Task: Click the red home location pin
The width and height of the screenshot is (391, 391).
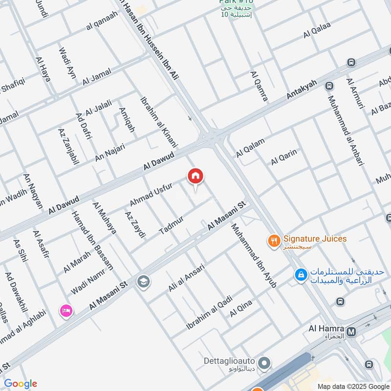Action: [195, 176]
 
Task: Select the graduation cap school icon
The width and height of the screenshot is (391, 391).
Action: [144, 281]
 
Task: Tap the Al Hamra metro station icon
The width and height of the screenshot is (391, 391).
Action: [350, 333]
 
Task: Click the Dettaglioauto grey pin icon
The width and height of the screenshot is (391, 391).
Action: [264, 363]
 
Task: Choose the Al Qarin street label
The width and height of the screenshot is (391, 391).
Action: [284, 157]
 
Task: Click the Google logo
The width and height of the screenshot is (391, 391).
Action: [20, 384]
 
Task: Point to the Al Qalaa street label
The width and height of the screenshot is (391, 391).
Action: [317, 30]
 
